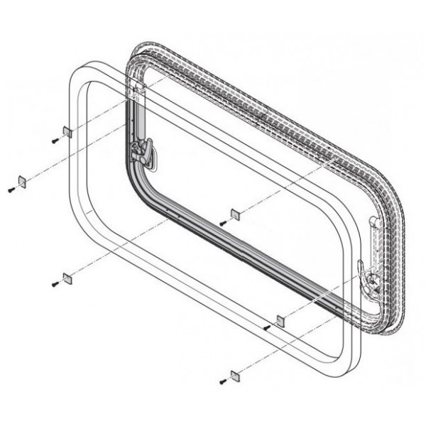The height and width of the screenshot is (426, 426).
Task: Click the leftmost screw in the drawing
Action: (11, 190)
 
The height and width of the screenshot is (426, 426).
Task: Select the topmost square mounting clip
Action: (66, 131)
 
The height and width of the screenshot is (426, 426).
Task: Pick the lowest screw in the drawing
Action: (223, 383)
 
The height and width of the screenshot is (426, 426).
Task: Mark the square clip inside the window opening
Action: (236, 214)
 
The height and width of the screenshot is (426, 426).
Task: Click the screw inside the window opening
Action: (223, 223)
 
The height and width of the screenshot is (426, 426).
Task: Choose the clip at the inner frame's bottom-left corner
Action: (66, 276)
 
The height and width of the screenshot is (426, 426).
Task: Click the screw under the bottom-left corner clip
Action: (55, 285)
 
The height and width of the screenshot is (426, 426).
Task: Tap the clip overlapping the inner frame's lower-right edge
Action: (279, 319)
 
